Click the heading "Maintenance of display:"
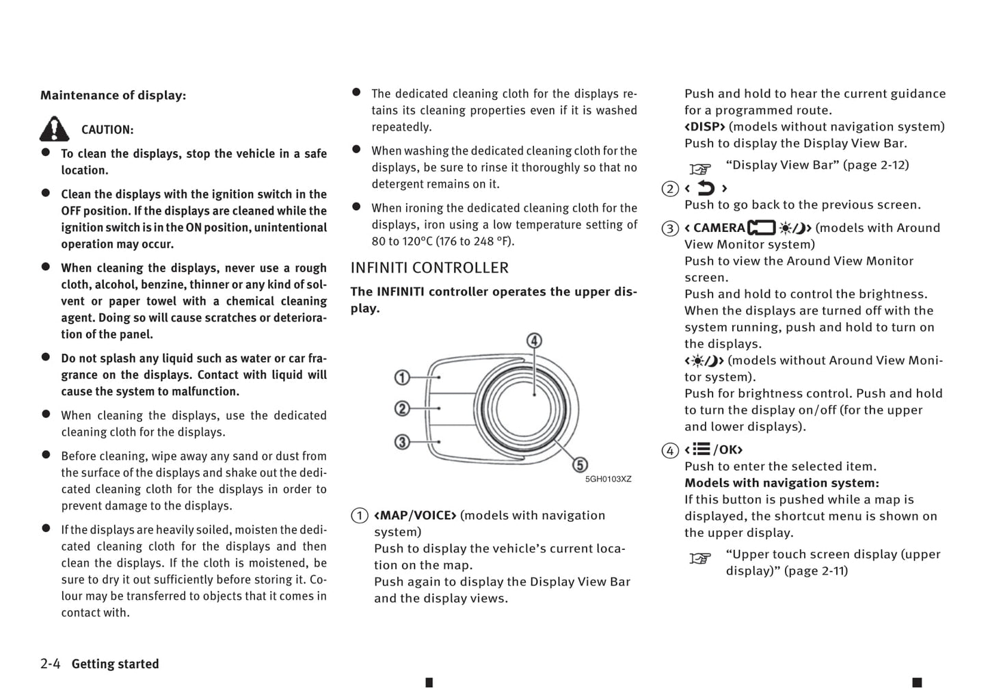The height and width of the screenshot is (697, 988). [113, 96]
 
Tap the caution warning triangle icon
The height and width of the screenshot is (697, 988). [54, 129]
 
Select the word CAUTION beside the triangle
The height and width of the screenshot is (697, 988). [107, 130]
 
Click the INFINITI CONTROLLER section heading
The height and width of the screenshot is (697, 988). [429, 268]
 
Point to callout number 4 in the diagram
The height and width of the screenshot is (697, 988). [534, 341]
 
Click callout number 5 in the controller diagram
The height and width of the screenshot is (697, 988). [580, 465]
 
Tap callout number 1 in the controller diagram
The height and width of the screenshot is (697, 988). [402, 377]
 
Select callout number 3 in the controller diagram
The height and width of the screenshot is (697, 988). [402, 442]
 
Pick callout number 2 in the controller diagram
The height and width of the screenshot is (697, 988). [402, 409]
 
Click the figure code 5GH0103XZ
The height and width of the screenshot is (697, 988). [608, 479]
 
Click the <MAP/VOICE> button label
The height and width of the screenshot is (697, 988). [415, 516]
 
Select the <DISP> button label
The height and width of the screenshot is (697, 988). [704, 127]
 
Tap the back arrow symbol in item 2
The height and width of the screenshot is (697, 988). [706, 188]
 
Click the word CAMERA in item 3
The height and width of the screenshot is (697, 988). [719, 228]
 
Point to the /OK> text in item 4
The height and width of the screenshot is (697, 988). [727, 450]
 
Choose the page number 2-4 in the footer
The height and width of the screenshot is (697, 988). [51, 664]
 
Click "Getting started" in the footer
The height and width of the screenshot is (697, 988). [115, 664]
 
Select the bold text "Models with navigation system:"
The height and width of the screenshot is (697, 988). [782, 484]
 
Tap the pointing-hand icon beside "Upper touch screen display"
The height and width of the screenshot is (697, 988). [700, 559]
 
